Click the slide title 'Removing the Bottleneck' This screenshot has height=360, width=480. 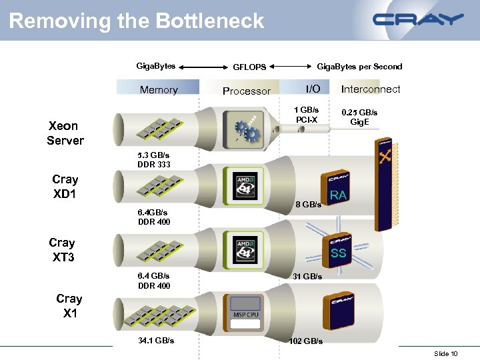coord(137,21)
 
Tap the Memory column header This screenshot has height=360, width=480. coord(158,89)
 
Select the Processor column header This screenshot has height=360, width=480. coord(246,91)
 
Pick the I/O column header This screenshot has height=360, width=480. coord(313,89)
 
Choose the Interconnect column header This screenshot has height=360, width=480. coord(371,89)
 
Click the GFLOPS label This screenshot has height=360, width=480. coord(249,67)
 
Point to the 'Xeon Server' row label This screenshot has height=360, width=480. coord(65,133)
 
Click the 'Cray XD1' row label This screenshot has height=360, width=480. coord(65,187)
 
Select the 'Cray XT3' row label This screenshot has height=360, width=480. coord(63,249)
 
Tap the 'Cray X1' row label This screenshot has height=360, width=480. coord(69,305)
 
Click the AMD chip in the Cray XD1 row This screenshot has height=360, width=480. coord(245,186)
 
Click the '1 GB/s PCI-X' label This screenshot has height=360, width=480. coord(307,115)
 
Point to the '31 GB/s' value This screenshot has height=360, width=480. coord(307,276)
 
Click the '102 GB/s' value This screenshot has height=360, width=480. coord(305,341)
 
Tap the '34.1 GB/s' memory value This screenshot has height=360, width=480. coord(156,340)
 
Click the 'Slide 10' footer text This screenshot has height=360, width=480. coord(445,353)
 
